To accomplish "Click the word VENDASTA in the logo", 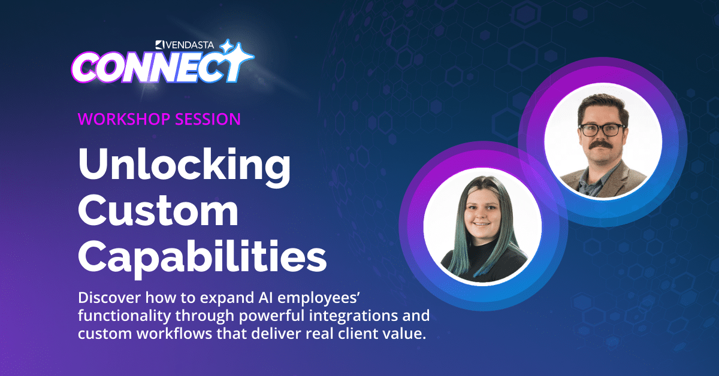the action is click(x=190, y=45).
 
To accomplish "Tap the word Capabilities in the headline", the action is click(x=203, y=256).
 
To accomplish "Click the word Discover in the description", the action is click(x=110, y=298).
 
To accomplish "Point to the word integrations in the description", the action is click(x=353, y=316).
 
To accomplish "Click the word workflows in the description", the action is click(x=174, y=333).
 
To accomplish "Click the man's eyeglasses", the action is click(x=602, y=129).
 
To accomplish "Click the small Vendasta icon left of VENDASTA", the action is click(x=160, y=45).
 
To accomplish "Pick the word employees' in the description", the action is click(x=318, y=298).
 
